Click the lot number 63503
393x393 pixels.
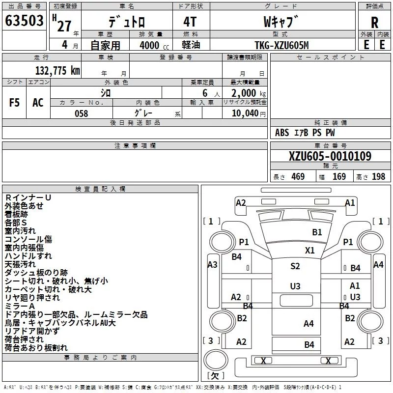pos(24,20)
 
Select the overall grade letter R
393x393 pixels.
pos(374,22)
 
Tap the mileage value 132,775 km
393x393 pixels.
pos(57,70)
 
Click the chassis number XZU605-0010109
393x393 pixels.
pos(330,156)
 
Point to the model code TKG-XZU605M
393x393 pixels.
pos(281,45)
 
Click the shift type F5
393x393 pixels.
pos(14,103)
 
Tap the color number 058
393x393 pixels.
pos(81,113)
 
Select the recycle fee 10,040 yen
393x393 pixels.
pos(249,113)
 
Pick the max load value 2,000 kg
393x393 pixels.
pos(249,93)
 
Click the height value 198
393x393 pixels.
pos(378,176)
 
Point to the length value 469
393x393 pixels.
pos(298,176)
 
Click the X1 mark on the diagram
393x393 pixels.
pos(310,250)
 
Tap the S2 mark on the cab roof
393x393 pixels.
pos(295,266)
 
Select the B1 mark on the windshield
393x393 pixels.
pos(317,232)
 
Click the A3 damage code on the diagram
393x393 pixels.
pos(212,264)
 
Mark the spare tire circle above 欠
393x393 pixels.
pos(216,360)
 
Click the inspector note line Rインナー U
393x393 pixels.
pos(28,197)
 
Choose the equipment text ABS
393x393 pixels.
pos(282,133)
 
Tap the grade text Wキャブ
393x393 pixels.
pos(281,22)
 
